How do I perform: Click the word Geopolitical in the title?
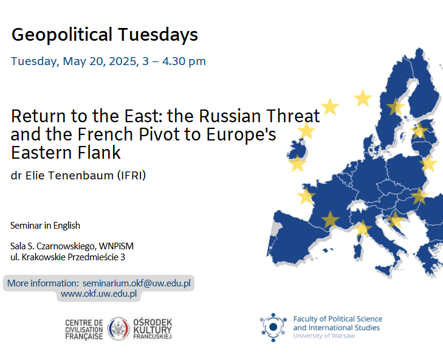click(x=62, y=35)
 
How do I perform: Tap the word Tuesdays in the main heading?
click(x=158, y=35)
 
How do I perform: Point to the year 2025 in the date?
click(x=123, y=61)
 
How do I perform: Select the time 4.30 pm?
click(x=184, y=61)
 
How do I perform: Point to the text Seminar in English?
click(x=45, y=226)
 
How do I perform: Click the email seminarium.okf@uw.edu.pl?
click(x=137, y=283)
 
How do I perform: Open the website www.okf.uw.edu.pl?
click(x=99, y=294)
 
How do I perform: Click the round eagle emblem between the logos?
click(x=118, y=329)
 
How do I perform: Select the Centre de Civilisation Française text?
click(x=84, y=330)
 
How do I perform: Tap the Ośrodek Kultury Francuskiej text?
click(x=153, y=329)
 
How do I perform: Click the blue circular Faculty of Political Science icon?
click(x=273, y=327)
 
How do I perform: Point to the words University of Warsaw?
click(x=324, y=336)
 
